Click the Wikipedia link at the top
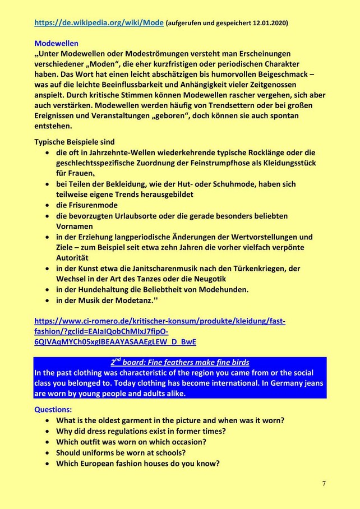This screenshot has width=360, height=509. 99,22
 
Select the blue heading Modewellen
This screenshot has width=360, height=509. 56,43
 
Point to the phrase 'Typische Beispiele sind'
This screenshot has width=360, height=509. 74,142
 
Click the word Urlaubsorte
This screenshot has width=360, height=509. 142,216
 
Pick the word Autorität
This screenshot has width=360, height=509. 72,258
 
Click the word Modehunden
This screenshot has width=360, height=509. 223,289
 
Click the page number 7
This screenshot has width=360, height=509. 324,483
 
